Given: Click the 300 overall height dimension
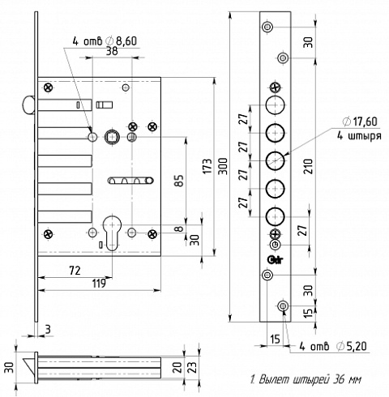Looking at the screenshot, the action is tap(223, 166).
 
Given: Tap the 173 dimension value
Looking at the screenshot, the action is tap(207, 166).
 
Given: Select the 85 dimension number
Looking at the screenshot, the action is tap(178, 181).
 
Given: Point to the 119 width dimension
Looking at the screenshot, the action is tap(99, 284).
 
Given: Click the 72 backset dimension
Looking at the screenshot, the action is tap(75, 271).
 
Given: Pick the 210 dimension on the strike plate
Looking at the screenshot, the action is tap(309, 166).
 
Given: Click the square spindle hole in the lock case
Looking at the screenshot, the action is tap(112, 138).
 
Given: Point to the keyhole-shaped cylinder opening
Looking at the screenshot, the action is tap(112, 232).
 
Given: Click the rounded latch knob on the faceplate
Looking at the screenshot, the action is tap(28, 105).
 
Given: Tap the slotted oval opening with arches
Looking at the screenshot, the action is tap(130, 181).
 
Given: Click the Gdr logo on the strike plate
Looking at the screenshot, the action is tap(275, 259).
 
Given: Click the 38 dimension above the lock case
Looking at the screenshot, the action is tap(112, 51).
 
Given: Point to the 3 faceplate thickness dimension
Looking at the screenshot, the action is tap(48, 330).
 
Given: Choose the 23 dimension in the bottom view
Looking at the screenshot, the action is tap(194, 367).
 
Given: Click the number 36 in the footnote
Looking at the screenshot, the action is tap(338, 379).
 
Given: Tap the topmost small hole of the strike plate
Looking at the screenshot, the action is tap(267, 27).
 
